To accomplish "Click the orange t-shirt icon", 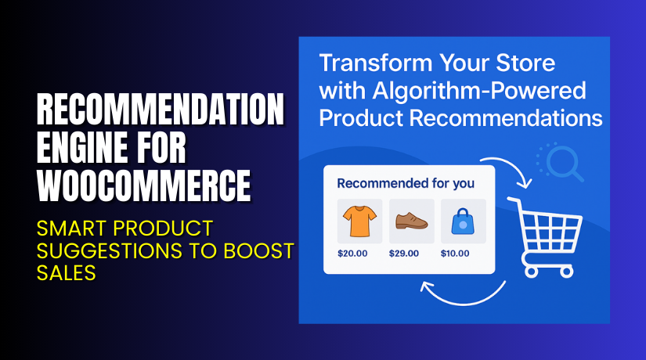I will (x=359, y=221).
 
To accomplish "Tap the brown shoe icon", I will (x=411, y=221).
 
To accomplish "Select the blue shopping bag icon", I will (x=463, y=221).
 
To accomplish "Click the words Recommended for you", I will (x=405, y=184).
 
